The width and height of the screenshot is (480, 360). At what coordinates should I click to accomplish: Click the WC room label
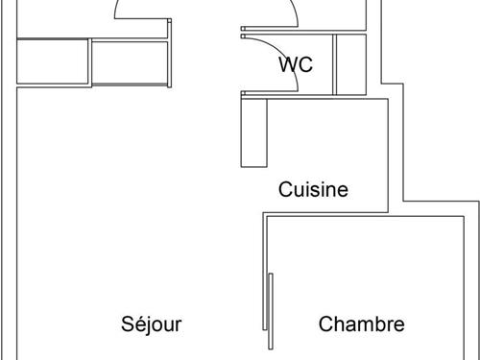point(296,64)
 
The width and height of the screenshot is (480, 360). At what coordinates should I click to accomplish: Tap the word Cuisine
point(313,189)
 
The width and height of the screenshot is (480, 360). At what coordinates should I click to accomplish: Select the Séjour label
point(151,324)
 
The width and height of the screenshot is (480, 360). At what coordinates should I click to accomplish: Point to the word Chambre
point(361,324)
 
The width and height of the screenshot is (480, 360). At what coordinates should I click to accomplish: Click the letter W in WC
point(288,64)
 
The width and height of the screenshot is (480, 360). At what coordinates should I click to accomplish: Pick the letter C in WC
point(306,64)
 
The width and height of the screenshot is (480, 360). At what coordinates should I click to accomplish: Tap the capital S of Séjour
point(127,324)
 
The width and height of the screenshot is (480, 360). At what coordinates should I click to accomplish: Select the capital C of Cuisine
point(285,189)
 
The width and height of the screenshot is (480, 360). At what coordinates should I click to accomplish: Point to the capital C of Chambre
point(325,324)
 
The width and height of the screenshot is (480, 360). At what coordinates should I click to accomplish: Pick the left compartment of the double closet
point(54,61)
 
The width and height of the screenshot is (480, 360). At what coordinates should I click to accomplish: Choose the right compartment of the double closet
point(131,61)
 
